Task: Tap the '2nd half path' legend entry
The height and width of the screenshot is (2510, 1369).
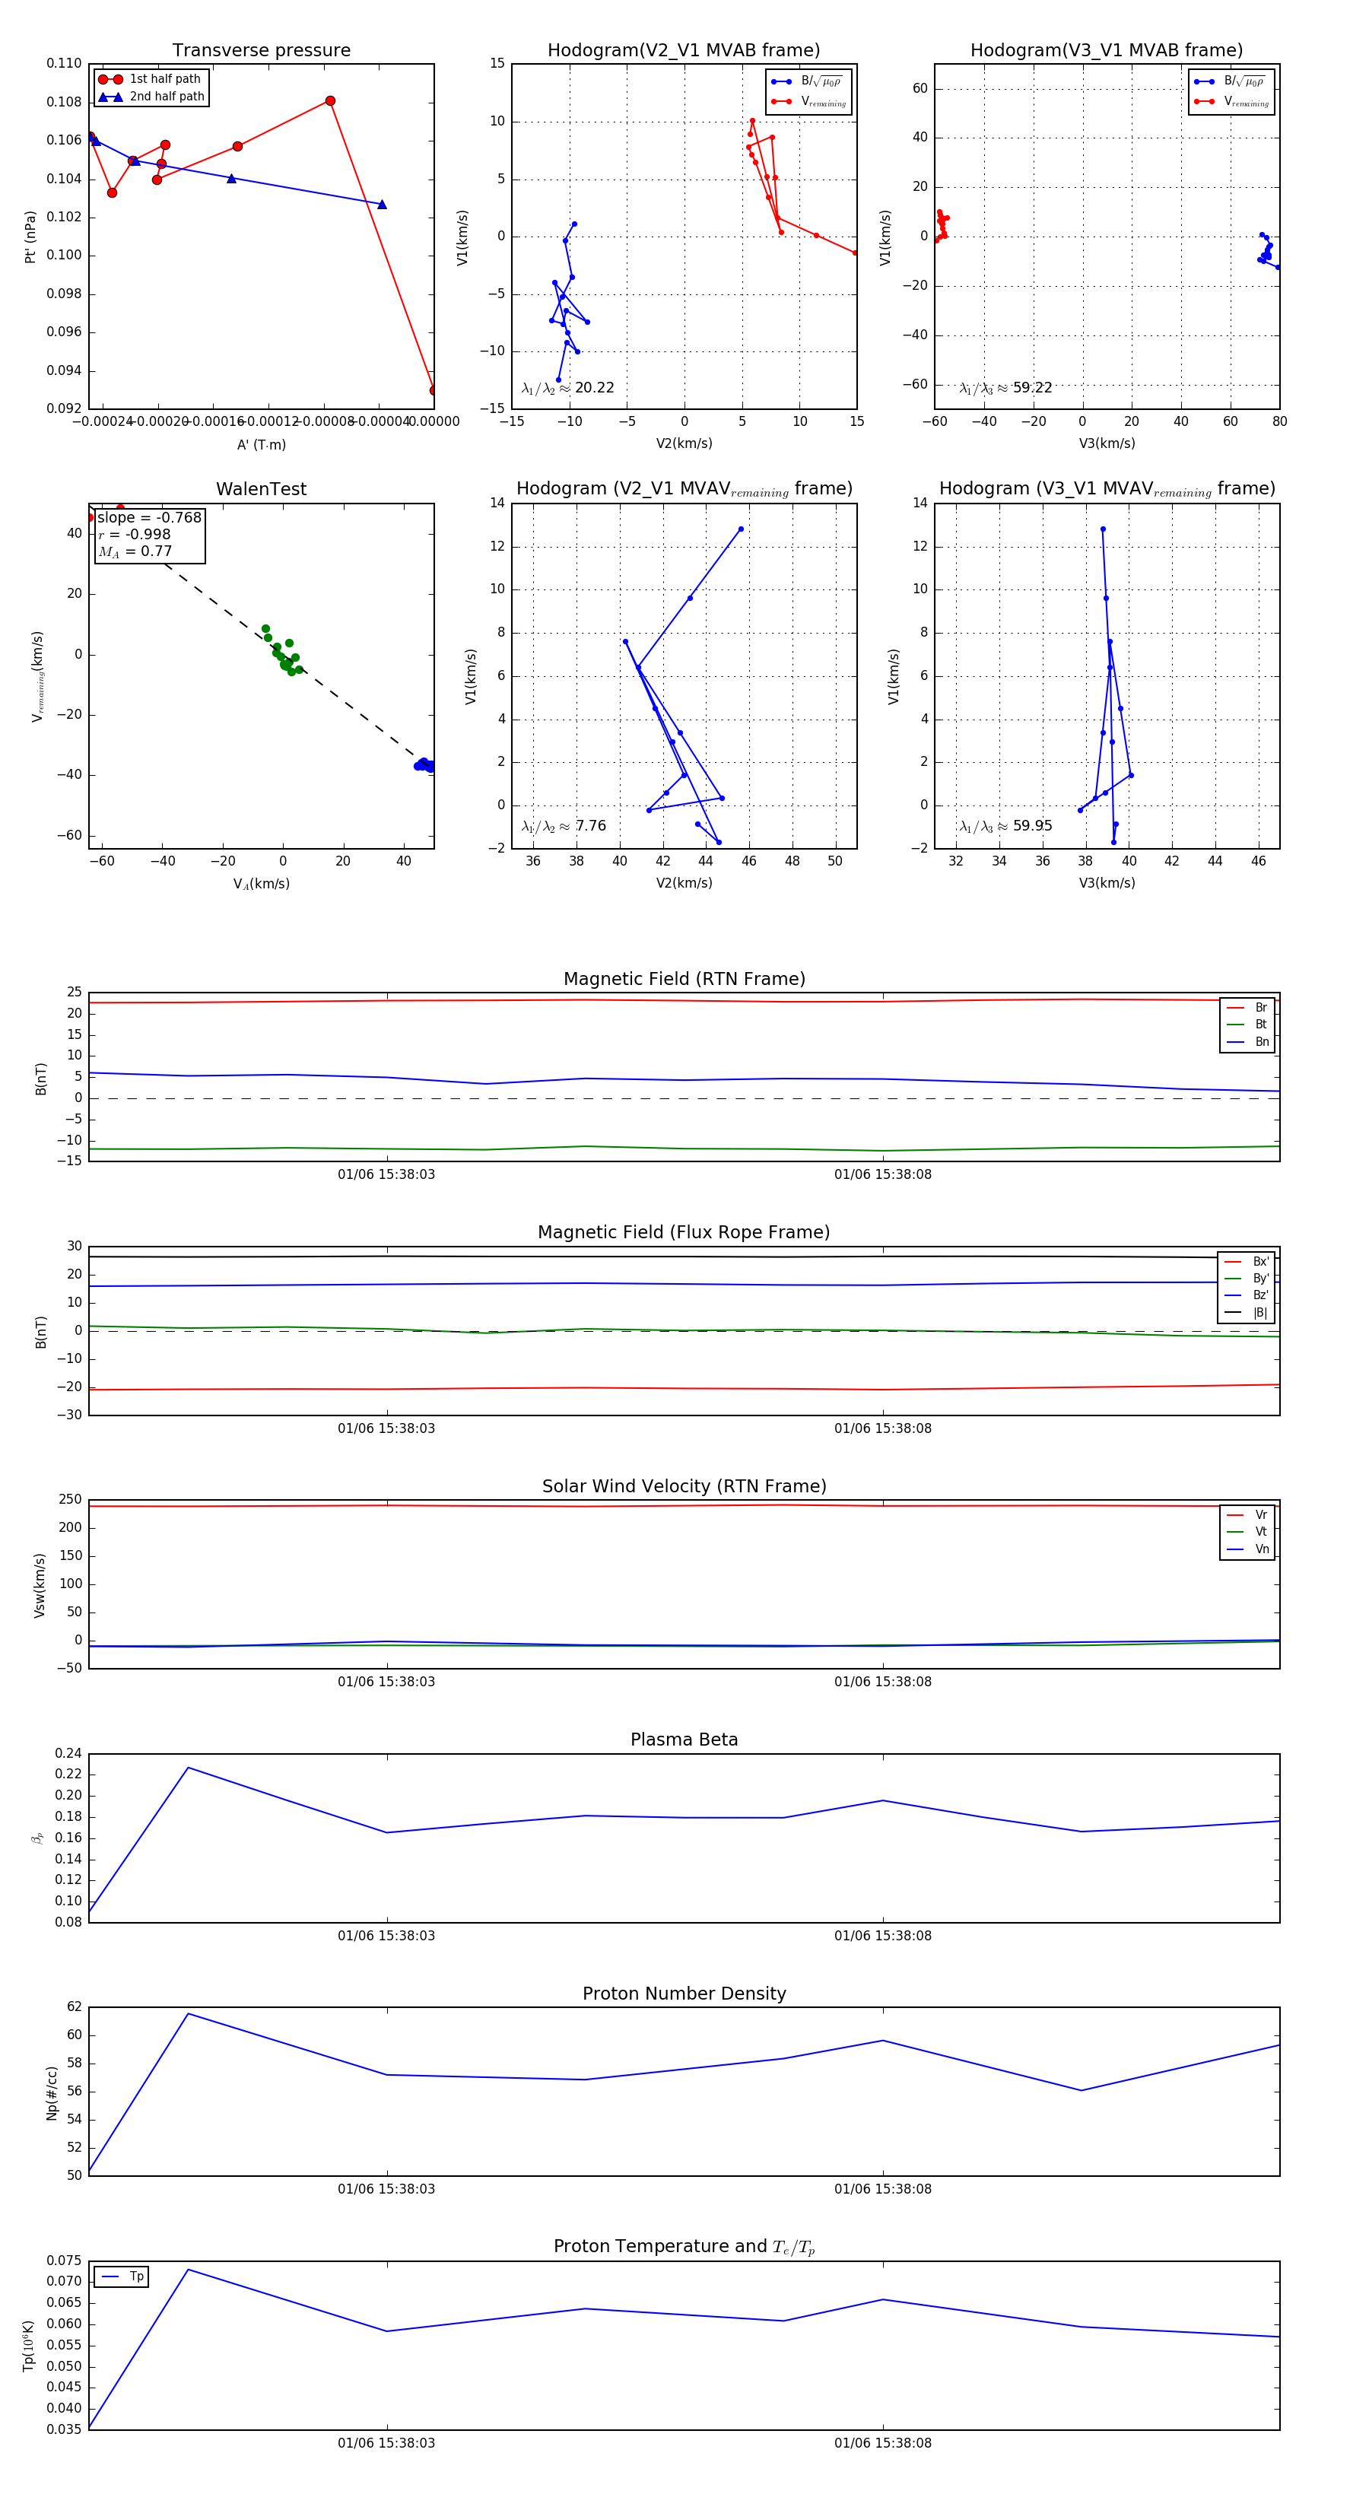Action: (167, 97)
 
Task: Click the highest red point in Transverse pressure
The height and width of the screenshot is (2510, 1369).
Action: (330, 101)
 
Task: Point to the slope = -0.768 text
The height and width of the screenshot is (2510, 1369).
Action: (149, 517)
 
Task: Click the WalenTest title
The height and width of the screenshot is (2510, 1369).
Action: (261, 489)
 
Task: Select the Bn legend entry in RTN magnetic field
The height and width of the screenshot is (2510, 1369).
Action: (1261, 1041)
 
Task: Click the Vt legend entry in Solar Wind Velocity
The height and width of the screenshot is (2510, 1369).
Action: (1261, 1532)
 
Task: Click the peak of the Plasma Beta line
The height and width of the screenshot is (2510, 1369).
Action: (188, 1768)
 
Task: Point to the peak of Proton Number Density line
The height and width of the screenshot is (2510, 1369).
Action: (188, 2014)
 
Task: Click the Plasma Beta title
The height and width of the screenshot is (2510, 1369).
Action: (684, 1740)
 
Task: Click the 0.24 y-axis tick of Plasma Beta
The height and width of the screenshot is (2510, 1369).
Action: (68, 1754)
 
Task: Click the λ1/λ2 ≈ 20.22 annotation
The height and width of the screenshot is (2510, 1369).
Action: (568, 388)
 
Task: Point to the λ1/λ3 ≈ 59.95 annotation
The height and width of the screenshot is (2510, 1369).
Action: (1005, 826)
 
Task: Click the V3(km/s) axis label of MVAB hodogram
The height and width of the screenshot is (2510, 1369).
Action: (1106, 443)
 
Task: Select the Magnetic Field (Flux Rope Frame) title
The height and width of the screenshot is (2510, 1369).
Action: (684, 1233)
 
